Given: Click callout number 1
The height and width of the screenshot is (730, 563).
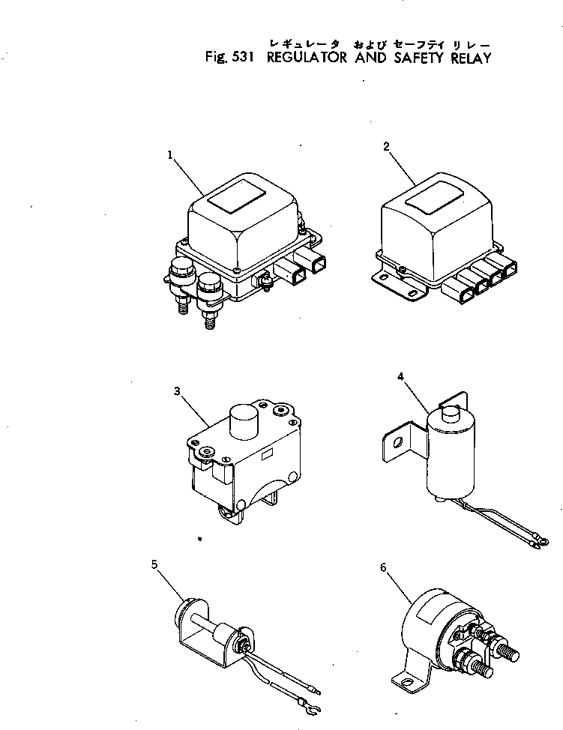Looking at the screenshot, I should click(x=171, y=155).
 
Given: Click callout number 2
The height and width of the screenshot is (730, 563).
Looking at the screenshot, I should click(x=386, y=148).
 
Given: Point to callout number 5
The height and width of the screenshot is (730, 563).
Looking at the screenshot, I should click(x=156, y=565).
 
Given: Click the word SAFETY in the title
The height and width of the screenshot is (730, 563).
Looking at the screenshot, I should click(x=418, y=58).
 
